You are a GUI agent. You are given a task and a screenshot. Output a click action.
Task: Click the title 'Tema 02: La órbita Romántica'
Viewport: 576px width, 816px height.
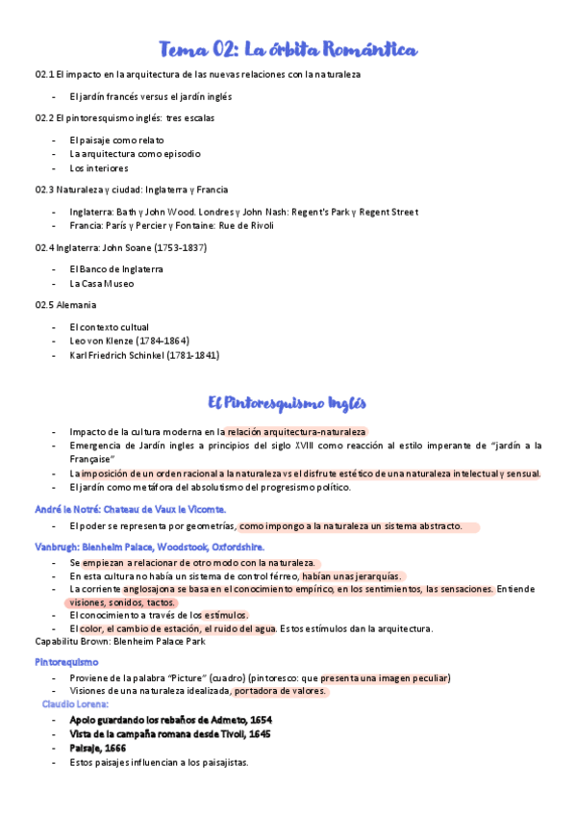click(x=288, y=49)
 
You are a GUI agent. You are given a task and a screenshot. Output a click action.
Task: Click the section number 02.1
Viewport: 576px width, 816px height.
click(x=43, y=74)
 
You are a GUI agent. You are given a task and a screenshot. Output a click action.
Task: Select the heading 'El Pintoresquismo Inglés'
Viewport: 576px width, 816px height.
click(x=288, y=402)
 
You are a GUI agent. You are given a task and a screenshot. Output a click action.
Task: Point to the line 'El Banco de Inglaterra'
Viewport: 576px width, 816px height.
click(x=116, y=269)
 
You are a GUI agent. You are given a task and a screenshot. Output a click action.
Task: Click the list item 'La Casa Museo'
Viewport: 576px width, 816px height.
click(x=102, y=284)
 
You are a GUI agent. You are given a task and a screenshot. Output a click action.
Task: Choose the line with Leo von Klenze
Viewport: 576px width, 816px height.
click(x=129, y=341)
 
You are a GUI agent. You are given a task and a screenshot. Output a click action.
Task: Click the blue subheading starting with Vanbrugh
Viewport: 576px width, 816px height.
click(x=143, y=547)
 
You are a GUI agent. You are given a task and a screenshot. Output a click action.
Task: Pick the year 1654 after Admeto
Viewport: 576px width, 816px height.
click(x=259, y=719)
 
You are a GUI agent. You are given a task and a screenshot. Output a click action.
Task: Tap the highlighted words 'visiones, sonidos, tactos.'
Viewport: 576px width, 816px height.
click(x=121, y=602)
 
